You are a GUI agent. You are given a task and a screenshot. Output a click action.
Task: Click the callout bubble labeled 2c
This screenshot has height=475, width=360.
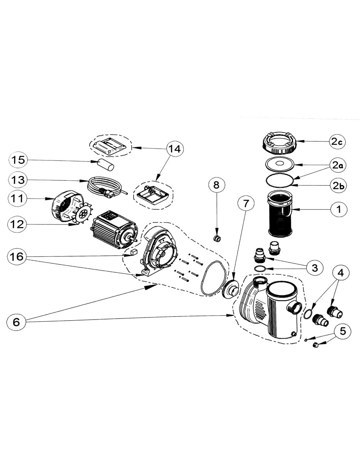(337, 142)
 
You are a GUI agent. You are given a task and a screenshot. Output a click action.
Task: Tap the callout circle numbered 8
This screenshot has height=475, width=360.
(216, 185)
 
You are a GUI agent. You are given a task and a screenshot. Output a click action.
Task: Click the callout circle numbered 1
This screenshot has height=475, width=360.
(337, 209)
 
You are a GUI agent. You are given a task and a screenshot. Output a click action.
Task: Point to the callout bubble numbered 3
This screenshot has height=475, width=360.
(315, 267)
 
